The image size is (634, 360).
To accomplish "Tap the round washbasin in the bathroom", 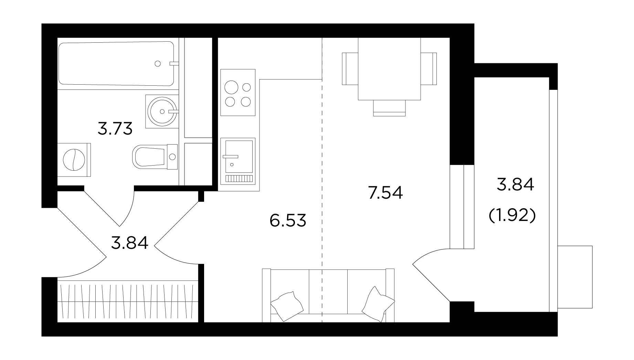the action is coord(162,111).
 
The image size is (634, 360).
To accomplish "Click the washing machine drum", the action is coord(74,160).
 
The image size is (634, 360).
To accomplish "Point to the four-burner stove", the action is coord(238,93).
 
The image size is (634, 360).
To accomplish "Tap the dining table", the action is coord(389,69).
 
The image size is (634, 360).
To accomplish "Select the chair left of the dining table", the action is coord(350,68).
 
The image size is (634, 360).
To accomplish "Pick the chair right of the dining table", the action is coord(429,68).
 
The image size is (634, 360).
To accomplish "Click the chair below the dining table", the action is coord(389,108).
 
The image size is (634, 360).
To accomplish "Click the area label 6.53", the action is coord(288,220).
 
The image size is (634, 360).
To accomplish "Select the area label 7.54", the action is coord(385,193).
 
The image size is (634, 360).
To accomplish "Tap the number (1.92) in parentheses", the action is coord(512,216).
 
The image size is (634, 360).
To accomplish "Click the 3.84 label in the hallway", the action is coord(129,243).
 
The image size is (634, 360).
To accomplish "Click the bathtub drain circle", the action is coord(158,63).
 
